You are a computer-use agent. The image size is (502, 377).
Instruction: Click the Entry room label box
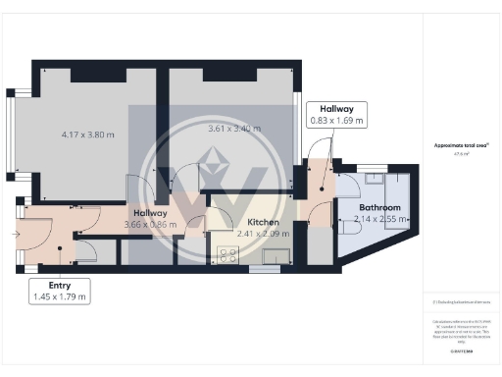(58, 290)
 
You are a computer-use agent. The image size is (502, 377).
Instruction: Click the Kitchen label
(263, 223)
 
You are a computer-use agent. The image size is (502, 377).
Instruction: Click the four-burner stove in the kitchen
(227, 254)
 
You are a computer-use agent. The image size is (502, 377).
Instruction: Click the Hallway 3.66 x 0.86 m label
(150, 219)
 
